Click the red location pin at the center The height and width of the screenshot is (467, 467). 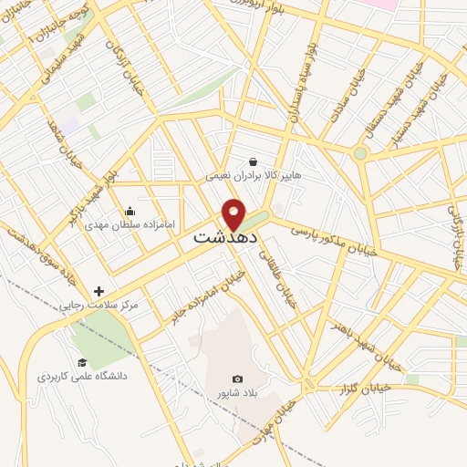(234, 213)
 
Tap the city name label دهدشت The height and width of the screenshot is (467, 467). (225, 237)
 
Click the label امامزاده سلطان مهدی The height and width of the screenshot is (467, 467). (123, 223)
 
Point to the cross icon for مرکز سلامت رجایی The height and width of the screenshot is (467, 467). (99, 291)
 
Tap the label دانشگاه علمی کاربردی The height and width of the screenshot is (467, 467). (81, 375)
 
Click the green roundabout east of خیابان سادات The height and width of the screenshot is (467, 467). (360, 153)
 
